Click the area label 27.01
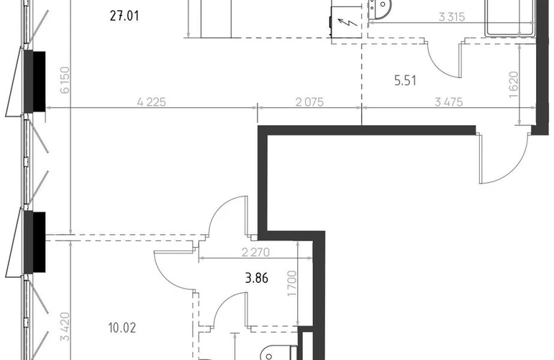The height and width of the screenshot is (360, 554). pos(124,17)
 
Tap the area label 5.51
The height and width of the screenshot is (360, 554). pos(405,81)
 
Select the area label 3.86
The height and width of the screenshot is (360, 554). pos(257,279)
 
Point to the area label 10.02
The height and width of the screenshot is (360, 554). pos(122,328)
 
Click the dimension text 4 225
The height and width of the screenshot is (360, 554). pos(151,102)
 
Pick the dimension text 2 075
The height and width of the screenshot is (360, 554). pos(309,102)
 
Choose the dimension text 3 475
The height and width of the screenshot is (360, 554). pos(449,102)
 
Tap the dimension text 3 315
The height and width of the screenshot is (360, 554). pos(452,17)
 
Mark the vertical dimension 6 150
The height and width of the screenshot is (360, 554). pos(65,80)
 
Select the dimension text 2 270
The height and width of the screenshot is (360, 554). pos(255,252)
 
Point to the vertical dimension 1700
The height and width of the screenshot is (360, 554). pos(292,284)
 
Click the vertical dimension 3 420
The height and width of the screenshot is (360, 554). pos(65,327)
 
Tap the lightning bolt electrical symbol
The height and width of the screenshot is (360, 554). pos(348,23)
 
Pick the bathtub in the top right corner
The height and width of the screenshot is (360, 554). pos(511,19)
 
